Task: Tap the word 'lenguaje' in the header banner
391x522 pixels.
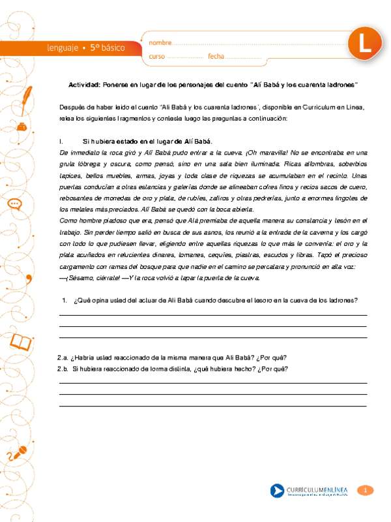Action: pos(63,48)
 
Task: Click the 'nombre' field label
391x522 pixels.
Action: pos(160,42)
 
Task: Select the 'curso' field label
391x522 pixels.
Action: pos(156,57)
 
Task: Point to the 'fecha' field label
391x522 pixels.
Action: pos(215,57)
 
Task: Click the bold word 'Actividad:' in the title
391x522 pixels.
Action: pos(84,85)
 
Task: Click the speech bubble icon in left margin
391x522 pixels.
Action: pos(14,204)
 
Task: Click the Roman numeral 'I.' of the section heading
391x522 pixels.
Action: pos(61,142)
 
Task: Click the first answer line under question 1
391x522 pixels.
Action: pos(212,315)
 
